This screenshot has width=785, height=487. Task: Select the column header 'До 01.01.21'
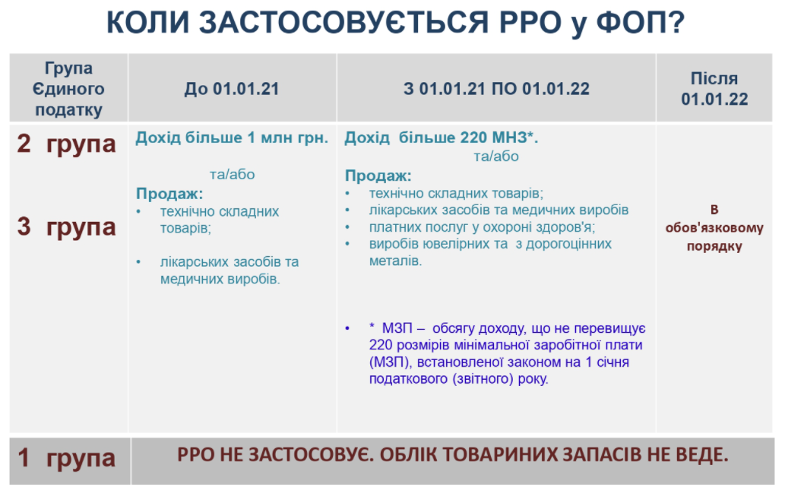232,89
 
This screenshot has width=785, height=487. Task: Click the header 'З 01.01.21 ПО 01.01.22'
497,89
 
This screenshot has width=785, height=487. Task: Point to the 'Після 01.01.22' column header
714,89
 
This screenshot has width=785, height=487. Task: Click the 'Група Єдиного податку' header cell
68,89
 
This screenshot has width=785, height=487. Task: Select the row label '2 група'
67,144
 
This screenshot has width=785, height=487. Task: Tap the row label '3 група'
67,226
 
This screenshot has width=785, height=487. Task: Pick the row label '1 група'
67,457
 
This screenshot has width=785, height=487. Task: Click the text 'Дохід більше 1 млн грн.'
232,138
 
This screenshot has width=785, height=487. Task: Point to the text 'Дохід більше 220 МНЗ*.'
441,138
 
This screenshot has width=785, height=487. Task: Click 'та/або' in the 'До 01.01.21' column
233,174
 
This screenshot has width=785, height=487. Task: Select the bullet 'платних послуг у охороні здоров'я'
482,227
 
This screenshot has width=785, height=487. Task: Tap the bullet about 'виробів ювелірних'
491,251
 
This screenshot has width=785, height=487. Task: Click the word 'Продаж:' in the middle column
378,176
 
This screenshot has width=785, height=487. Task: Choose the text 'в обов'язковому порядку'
714,228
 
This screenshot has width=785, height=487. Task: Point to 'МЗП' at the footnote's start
397,328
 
